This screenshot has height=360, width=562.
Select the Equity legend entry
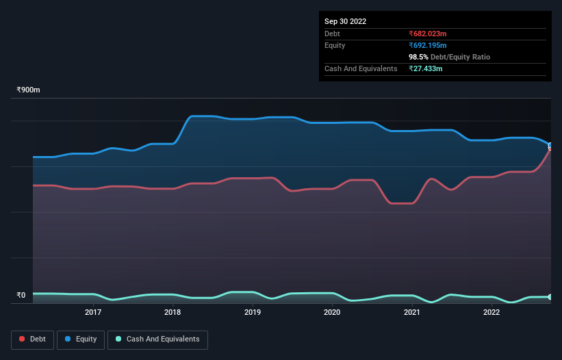pos(80,339)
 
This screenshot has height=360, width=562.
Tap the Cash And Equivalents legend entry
pos(157,339)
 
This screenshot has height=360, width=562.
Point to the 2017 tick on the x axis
pos(93,313)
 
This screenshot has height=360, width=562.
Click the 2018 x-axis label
pos(173,313)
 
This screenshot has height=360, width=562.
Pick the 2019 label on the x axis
pos(253,313)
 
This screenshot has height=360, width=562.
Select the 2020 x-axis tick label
pos(332,313)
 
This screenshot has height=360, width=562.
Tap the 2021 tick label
pos(412,313)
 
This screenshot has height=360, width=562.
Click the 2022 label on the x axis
pos(491,313)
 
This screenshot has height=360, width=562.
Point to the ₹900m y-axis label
pos(29,90)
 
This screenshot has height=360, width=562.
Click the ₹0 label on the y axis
pos(21,296)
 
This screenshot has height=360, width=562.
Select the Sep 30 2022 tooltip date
pos(345,21)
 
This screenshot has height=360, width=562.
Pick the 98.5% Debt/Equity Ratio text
pos(449,57)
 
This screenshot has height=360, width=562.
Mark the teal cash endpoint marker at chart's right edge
pos(550,297)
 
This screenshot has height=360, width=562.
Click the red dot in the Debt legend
pos(22,339)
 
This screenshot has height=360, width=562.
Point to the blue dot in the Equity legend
pos(68,339)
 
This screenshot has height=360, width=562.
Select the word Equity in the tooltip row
pos(335,45)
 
